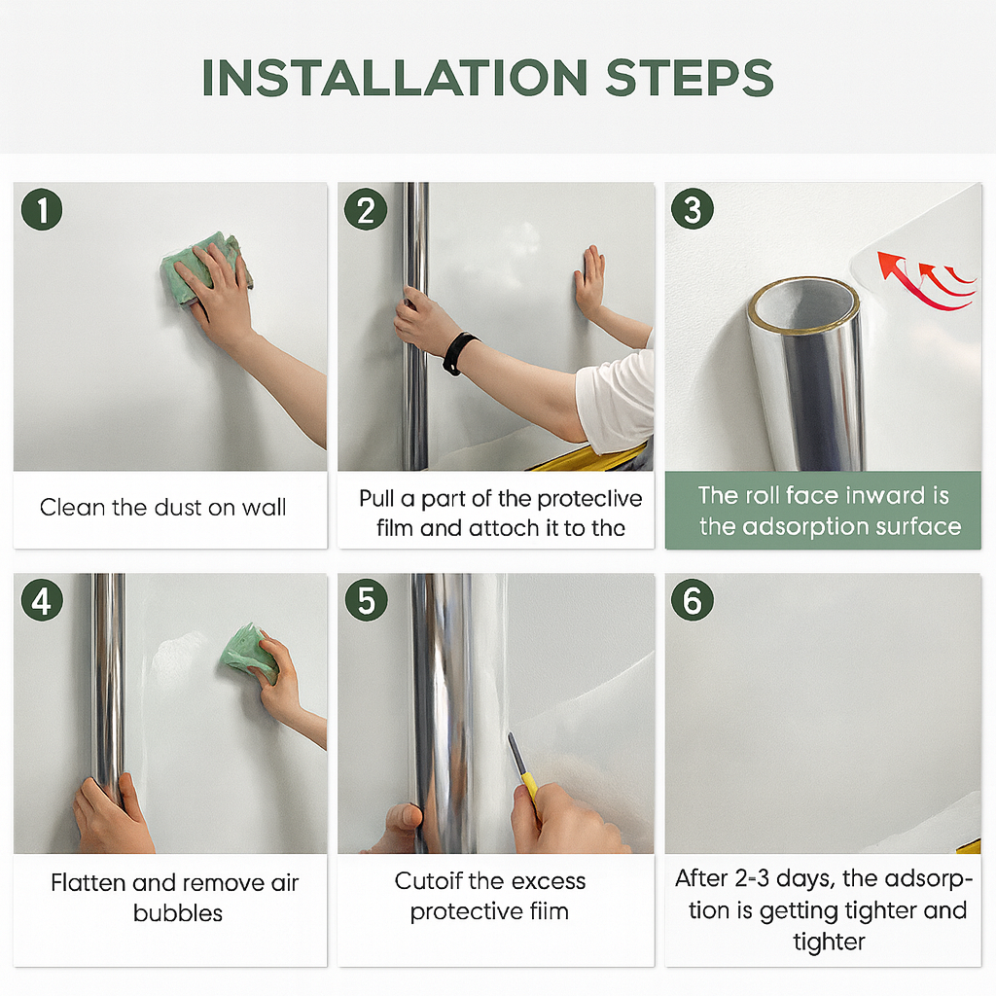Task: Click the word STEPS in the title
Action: (689, 78)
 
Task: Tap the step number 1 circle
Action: (42, 209)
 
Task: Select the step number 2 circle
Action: (366, 210)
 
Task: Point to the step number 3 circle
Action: (693, 210)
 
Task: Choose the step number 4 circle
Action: (42, 601)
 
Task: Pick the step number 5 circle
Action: (366, 601)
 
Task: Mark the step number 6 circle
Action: (693, 601)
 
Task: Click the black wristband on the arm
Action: (459, 353)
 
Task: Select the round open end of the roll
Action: (802, 305)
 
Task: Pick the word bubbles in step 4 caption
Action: (178, 913)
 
